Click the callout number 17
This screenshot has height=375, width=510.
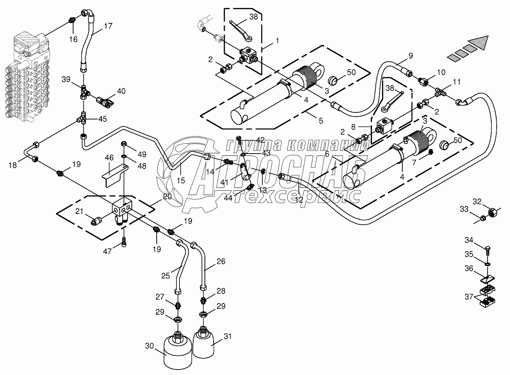tap(108, 26)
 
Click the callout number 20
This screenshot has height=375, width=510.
tap(168, 197)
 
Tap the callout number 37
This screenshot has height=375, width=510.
tap(469, 297)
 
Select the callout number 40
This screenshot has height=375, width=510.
tap(121, 91)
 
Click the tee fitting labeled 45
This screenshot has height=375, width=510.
tap(84, 119)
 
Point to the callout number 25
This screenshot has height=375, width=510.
tap(166, 276)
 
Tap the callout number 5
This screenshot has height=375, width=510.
tap(320, 121)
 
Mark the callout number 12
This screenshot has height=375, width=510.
tap(299, 200)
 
